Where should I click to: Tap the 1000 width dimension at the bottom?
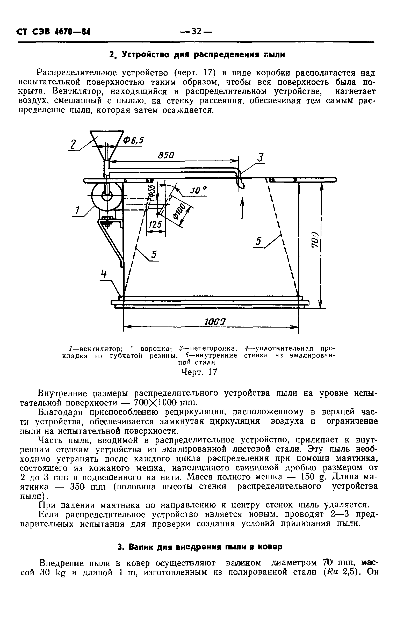click(x=215, y=322)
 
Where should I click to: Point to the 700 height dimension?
click(x=314, y=240)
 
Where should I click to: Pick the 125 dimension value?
click(x=155, y=225)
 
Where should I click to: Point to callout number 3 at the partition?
click(x=261, y=158)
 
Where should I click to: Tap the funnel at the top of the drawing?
click(x=107, y=144)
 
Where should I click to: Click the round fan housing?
click(x=107, y=197)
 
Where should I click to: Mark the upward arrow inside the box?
click(x=242, y=208)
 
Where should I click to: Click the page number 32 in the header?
click(x=197, y=32)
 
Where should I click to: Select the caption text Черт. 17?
click(x=199, y=372)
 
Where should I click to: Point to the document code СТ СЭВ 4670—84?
click(x=53, y=32)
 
